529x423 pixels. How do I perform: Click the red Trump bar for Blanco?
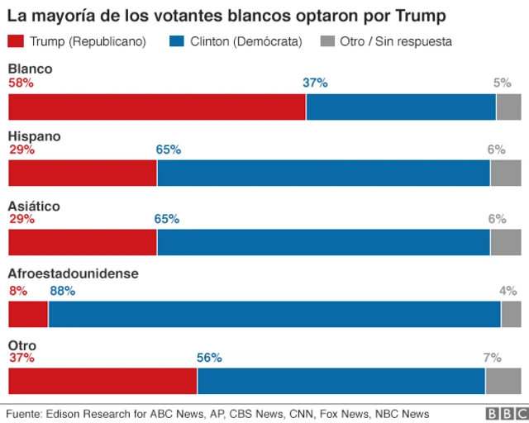(157, 107)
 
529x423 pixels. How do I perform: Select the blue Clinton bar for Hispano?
(323, 173)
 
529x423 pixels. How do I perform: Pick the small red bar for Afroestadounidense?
(28, 315)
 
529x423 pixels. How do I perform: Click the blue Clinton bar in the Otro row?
(341, 381)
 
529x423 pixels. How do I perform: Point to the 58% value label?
(21, 83)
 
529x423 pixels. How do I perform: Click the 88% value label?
(62, 291)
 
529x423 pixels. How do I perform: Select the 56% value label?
(209, 358)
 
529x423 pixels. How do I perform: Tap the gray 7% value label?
(492, 358)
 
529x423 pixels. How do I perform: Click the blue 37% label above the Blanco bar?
(315, 83)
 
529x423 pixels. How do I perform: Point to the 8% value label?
(17, 291)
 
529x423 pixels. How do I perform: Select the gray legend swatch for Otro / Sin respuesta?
(326, 41)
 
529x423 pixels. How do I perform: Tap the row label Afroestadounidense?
(73, 273)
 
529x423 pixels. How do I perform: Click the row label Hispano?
(34, 135)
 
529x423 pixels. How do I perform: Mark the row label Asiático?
(34, 205)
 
